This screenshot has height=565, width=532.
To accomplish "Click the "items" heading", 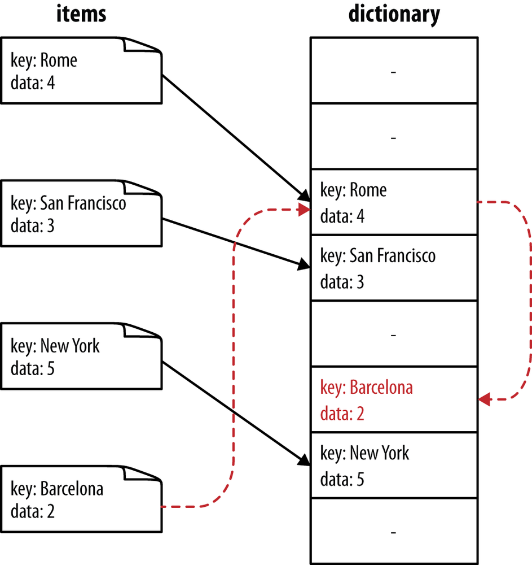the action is (81, 15).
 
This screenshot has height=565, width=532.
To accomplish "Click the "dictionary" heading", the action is (394, 15).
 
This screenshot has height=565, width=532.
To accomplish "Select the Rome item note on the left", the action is (81, 71).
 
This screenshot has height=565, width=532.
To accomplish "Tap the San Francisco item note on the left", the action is (81, 214).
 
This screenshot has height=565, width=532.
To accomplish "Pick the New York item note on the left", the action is (81, 357).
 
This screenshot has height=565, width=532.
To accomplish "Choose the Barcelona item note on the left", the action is (81, 499).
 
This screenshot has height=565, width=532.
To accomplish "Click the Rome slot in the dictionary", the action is (394, 202).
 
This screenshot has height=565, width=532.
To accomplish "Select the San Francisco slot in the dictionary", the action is (394, 268).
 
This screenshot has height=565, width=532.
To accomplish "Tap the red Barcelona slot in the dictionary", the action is (394, 399).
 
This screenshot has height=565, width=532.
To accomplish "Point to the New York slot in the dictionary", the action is (394, 465).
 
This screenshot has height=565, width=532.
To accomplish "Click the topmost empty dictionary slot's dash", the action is (394, 72).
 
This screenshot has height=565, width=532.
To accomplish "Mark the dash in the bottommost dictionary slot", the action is (394, 532).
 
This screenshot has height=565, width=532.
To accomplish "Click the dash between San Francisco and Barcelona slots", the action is (394, 335).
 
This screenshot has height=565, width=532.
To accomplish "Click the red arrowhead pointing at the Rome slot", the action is (304, 210).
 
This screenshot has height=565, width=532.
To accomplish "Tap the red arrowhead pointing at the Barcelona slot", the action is (484, 399).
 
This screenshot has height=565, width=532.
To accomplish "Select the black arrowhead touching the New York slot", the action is (304, 459).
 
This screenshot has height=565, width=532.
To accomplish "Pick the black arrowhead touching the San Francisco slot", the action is (304, 266).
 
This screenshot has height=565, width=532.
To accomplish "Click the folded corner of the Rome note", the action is (142, 45).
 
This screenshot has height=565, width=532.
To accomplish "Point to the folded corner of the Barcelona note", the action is (142, 473).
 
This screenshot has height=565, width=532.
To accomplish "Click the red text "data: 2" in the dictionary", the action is (342, 414).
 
